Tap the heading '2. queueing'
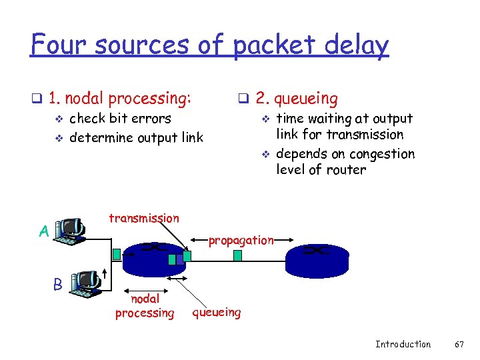(296, 99)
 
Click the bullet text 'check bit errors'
(120, 119)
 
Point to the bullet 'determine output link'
(136, 137)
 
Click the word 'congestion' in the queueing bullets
(383, 154)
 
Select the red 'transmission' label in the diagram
(143, 218)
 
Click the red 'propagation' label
(241, 240)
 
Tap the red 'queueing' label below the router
(217, 311)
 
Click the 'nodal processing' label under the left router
(145, 306)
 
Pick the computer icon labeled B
(83, 283)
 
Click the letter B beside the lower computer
(58, 284)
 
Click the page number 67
(458, 344)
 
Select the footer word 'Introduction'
(403, 344)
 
